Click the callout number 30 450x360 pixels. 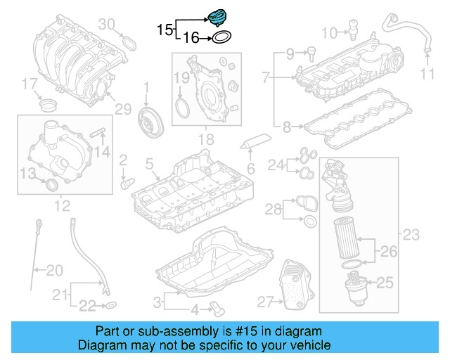pyautogui.click(x=106, y=25)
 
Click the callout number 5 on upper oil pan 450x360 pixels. pyautogui.click(x=149, y=165)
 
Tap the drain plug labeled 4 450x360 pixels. pyautogui.click(x=217, y=308)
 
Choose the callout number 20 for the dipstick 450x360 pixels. pyautogui.click(x=54, y=269)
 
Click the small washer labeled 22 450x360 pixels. pyautogui.click(x=111, y=305)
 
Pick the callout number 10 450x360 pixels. pyautogui.click(x=329, y=32)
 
